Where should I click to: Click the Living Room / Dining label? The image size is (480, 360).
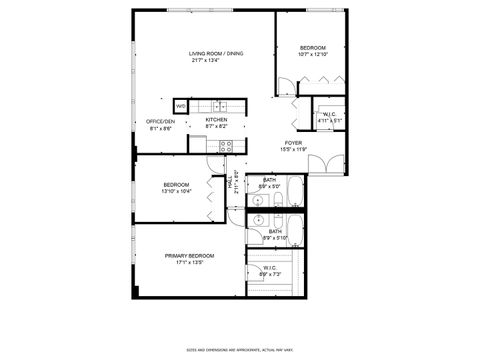point(216,53)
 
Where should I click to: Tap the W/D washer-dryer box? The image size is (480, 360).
point(181,106)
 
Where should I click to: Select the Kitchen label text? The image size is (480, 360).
point(217,119)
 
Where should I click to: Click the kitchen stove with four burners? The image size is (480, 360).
point(227,145)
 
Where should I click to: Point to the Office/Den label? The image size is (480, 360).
point(161,120)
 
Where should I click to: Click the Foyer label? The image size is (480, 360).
point(292,143)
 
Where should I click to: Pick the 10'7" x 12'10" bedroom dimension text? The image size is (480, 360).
point(314,55)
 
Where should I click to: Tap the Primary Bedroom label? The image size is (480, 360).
point(189,256)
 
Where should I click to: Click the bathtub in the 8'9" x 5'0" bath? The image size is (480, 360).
point(292,190)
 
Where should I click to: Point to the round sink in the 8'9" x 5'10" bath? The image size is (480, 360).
point(258,221)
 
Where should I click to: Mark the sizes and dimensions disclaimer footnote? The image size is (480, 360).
point(239,350)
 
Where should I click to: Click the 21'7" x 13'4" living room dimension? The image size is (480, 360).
point(216,60)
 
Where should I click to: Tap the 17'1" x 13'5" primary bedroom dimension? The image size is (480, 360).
point(189,263)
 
